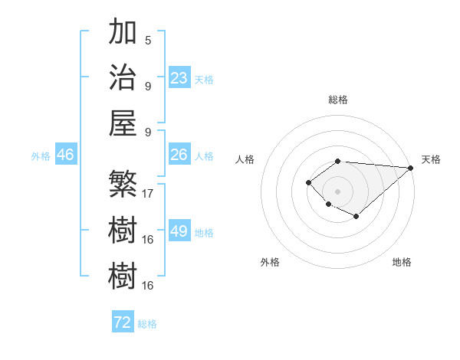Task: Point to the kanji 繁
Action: point(123,185)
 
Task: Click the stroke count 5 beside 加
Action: point(148,41)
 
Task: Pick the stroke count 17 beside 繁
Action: point(148,194)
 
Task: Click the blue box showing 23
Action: point(179,78)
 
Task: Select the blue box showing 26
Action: point(179,155)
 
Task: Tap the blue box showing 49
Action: point(179,231)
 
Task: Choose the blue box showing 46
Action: point(65,155)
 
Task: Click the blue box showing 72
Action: point(122,322)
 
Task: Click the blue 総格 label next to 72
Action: point(147,324)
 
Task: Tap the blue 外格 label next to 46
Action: point(41,156)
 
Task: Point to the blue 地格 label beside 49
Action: point(205,233)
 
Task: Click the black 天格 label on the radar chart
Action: point(431,159)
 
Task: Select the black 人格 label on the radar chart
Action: point(245,159)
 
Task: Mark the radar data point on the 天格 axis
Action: point(411,167)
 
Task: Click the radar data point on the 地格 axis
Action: point(356,217)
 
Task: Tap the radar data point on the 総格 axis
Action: point(337,161)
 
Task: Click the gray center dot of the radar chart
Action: point(337,191)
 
